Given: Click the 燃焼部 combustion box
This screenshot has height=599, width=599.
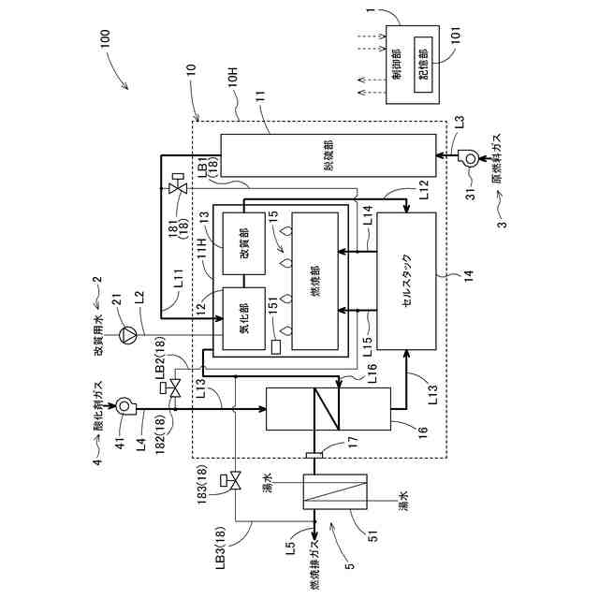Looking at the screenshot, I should click(319, 281).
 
